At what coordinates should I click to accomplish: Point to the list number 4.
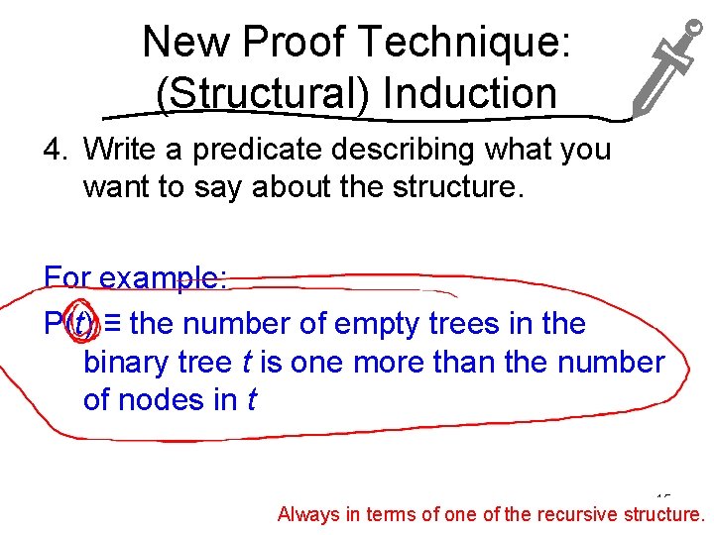tap(55, 150)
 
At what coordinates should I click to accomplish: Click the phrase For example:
tap(136, 278)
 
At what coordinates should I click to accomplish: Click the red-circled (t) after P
tap(78, 323)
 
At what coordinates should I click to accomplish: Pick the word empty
tap(377, 323)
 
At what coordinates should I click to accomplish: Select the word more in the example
tap(377, 362)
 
